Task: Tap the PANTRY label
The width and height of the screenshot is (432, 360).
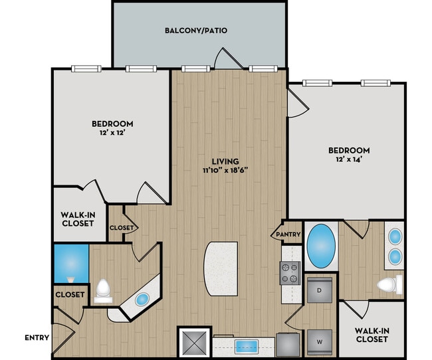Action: [288, 234]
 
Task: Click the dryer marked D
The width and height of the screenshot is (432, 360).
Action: [320, 290]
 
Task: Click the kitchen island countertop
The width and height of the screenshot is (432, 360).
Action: [219, 268]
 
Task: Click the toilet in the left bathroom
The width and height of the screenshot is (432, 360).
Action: [103, 290]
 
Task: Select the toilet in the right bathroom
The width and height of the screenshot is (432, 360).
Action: [388, 286]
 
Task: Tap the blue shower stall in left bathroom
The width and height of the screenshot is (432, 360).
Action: [70, 264]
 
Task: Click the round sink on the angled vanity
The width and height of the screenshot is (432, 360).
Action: [142, 299]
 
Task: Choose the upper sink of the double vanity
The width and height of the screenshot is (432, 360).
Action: [394, 236]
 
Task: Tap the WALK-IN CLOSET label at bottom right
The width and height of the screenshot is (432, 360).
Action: [372, 335]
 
